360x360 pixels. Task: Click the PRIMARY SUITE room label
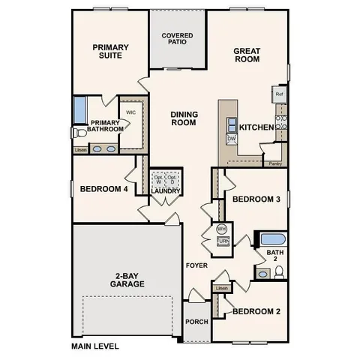111,52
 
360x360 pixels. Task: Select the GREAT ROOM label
246,56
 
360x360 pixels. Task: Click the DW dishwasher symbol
232,139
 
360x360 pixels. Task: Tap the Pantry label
274,163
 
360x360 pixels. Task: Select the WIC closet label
130,112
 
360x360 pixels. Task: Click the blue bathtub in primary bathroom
79,109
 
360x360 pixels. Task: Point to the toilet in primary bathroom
79,133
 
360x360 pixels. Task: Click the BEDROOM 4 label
103,189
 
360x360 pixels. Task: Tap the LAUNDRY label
165,190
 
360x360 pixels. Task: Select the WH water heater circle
222,229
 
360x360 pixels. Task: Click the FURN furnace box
223,241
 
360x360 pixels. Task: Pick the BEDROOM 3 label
256,199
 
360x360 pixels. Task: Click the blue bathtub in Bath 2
271,240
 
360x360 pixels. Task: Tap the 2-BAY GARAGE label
126,279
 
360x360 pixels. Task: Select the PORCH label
196,322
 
